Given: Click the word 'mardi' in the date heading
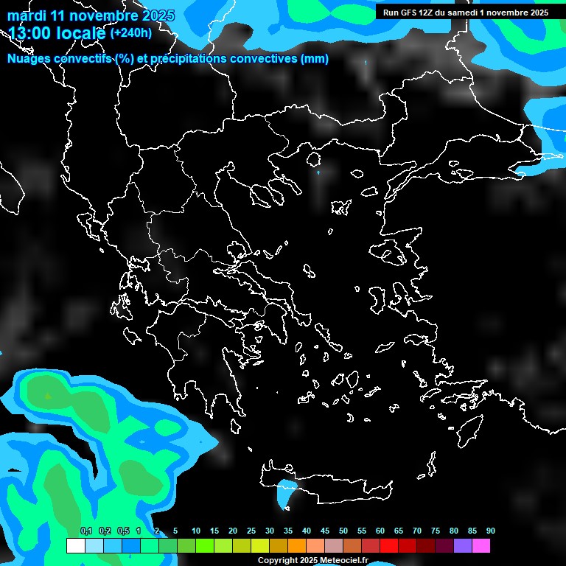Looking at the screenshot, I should click(x=27, y=15).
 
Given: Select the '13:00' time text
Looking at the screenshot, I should click(x=29, y=33).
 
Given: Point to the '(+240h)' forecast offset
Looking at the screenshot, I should click(x=131, y=33).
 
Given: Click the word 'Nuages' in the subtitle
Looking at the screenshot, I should click(x=28, y=59).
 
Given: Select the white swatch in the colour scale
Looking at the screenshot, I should click(x=75, y=546).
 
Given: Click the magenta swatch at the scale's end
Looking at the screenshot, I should click(x=481, y=546).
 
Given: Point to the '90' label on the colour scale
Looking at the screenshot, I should click(x=490, y=531).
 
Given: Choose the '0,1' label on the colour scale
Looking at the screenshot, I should click(x=86, y=531).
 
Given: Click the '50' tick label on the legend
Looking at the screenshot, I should click(x=343, y=531).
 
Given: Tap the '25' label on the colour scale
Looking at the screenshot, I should click(x=251, y=531).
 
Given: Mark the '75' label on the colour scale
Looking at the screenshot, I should click(x=436, y=531).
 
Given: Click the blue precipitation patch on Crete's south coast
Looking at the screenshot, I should click(x=284, y=493).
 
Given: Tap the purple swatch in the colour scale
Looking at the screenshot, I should click(x=463, y=546).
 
